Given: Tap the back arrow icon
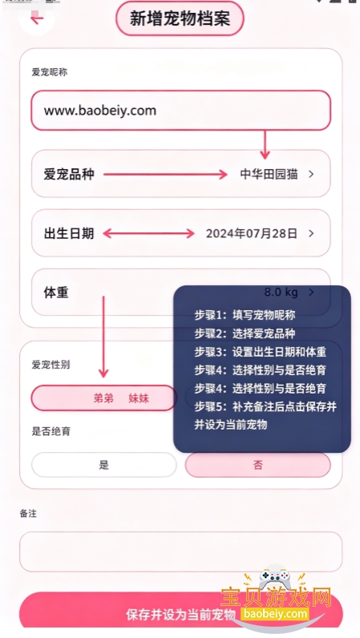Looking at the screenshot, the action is (37, 18).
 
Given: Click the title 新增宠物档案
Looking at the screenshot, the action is (180, 18).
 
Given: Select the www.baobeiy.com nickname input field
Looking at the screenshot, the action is (181, 111).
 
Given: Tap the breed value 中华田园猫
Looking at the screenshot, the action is (269, 174).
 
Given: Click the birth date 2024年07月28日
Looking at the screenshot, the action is (252, 233).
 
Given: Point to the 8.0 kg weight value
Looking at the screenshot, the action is (281, 292).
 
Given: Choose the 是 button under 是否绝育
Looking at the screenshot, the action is (104, 465).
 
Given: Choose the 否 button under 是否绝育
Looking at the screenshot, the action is (258, 465).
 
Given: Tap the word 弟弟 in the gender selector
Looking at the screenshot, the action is (103, 398).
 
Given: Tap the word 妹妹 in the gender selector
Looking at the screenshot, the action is (139, 398).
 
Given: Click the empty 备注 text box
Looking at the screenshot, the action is (181, 551).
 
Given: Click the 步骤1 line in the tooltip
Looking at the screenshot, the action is (245, 315).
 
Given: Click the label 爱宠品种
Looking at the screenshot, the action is (69, 174).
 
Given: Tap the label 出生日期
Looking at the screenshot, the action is (69, 233).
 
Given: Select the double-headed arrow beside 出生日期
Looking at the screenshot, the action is (148, 233).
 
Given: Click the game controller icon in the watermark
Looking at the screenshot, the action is (273, 578).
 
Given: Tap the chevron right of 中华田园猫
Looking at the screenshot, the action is (312, 174).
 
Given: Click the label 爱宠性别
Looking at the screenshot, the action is (51, 365).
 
